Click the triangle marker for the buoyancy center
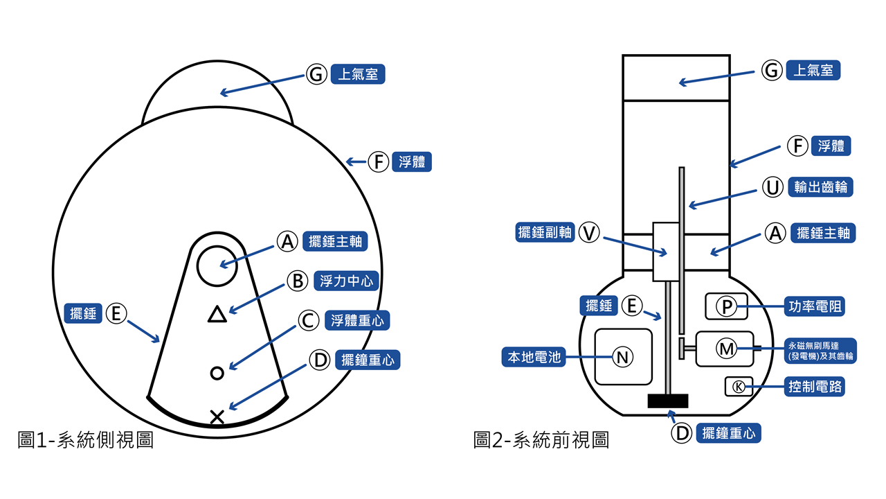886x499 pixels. coord(217,315)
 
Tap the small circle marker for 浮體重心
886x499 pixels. coord(217,373)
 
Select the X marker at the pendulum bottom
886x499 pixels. coord(217,417)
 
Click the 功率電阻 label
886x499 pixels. coord(815,306)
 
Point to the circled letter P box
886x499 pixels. coord(726,306)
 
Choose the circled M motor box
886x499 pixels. coord(726,349)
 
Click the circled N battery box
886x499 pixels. coord(623,357)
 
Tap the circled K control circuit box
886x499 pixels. coord(739,386)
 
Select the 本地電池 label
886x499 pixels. coord(532,357)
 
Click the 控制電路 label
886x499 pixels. coord(815,386)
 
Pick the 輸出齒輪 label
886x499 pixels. coord(821,187)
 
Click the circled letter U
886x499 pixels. coord(772,187)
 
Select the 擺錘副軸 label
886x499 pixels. coord(545,232)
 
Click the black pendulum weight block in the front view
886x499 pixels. coord(667,401)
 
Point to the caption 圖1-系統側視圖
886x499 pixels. coord(85,440)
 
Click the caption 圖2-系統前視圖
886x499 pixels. coord(541,440)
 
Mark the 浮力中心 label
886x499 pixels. coord(346,281)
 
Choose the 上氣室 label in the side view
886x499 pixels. coord(357,74)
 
